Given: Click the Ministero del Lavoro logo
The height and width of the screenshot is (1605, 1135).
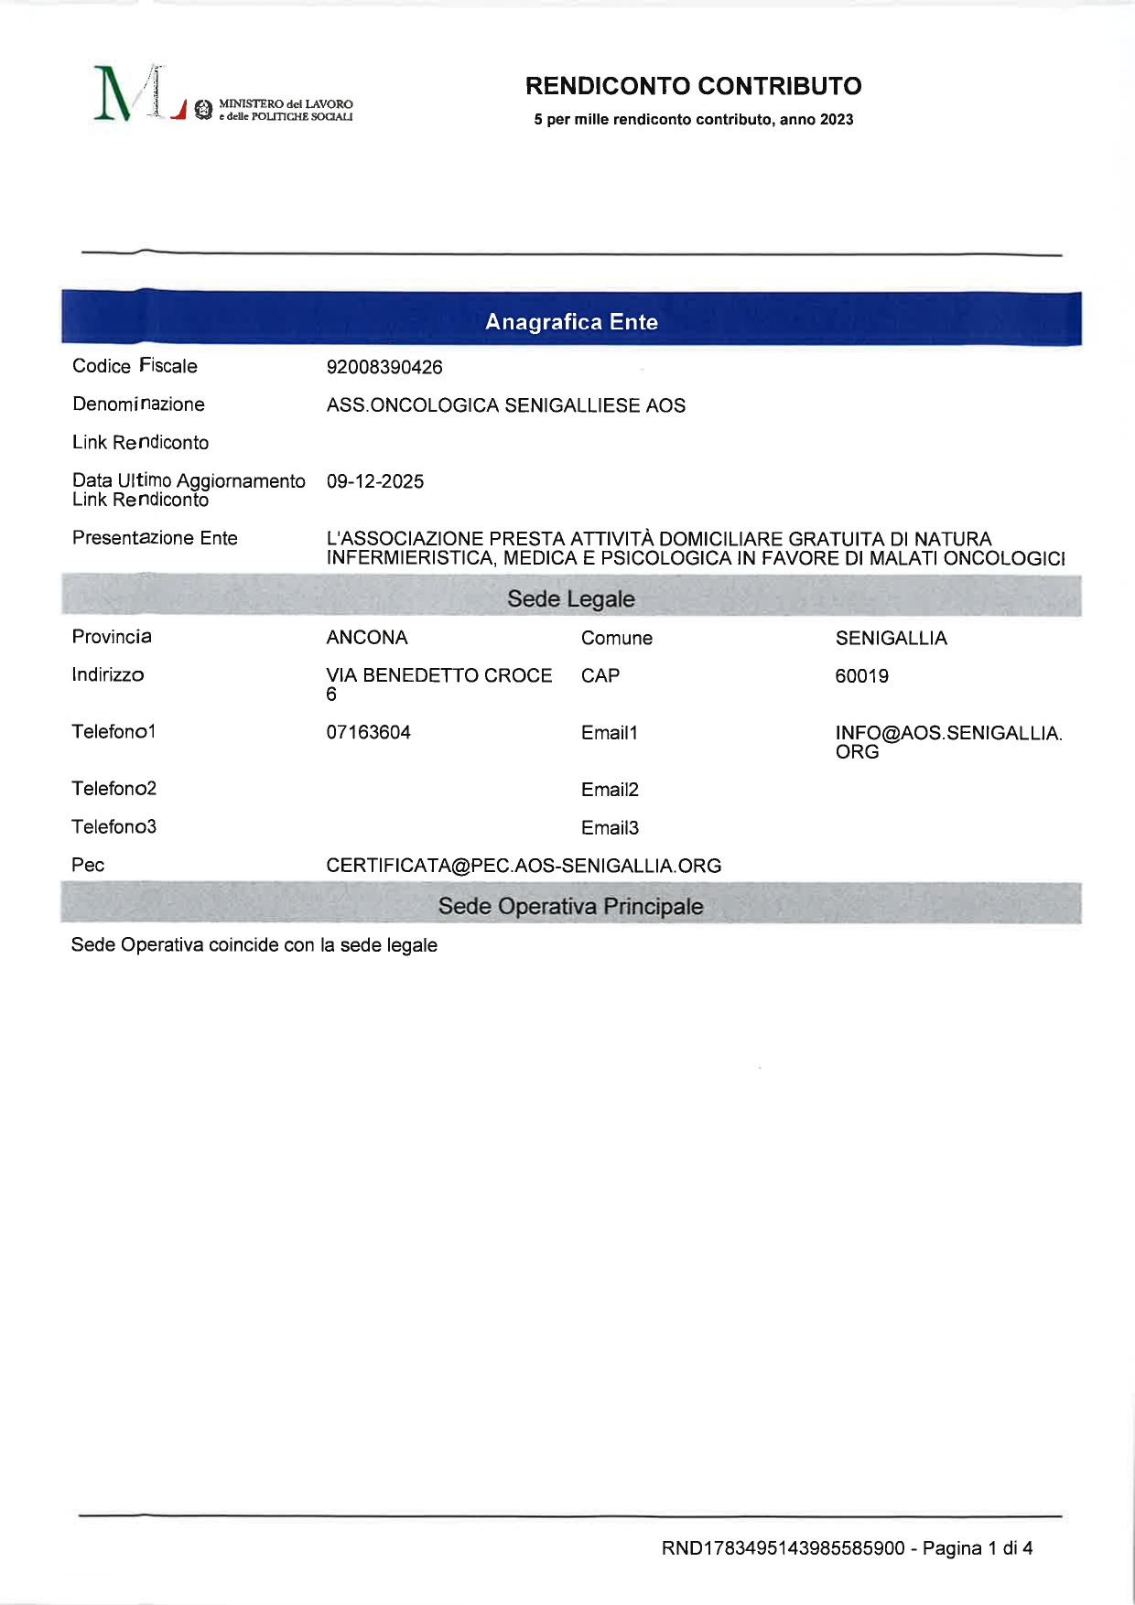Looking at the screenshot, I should click(x=222, y=95).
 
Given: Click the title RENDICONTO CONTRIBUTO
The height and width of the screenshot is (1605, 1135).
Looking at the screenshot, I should click(x=693, y=86).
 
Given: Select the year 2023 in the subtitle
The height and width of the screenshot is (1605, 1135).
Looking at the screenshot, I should click(x=837, y=120).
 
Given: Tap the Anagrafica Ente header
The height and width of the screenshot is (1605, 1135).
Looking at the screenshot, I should click(x=571, y=322).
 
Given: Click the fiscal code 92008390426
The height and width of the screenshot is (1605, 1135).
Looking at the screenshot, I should click(x=384, y=368).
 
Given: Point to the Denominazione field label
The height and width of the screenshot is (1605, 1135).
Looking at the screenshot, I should click(x=138, y=404).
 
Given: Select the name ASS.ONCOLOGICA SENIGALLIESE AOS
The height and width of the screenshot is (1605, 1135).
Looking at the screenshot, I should click(x=505, y=405).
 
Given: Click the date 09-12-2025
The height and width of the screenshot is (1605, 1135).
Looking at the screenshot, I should click(x=375, y=482).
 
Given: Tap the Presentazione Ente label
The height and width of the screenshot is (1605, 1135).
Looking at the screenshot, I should click(x=155, y=538).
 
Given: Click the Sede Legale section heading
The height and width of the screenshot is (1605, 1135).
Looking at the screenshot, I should click(x=570, y=599).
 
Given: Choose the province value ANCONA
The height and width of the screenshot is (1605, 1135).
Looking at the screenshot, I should click(x=367, y=638).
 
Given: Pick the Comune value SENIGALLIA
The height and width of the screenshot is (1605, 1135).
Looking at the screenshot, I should click(x=891, y=639).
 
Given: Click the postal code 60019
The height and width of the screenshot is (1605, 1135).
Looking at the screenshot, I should click(x=861, y=676).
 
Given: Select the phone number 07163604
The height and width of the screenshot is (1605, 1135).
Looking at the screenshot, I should click(x=368, y=733).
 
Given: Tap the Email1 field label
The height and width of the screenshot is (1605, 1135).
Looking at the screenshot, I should click(x=609, y=733).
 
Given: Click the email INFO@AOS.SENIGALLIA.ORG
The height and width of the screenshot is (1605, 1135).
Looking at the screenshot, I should click(x=947, y=742).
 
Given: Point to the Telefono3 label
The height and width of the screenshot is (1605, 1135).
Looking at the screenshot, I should click(x=113, y=827).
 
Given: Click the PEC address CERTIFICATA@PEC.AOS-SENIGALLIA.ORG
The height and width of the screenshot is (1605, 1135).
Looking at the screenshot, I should click(x=524, y=866).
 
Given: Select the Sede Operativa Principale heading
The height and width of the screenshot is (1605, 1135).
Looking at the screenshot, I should click(x=570, y=907).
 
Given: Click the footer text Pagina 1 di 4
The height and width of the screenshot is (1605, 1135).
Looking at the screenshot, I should click(x=977, y=1548).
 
